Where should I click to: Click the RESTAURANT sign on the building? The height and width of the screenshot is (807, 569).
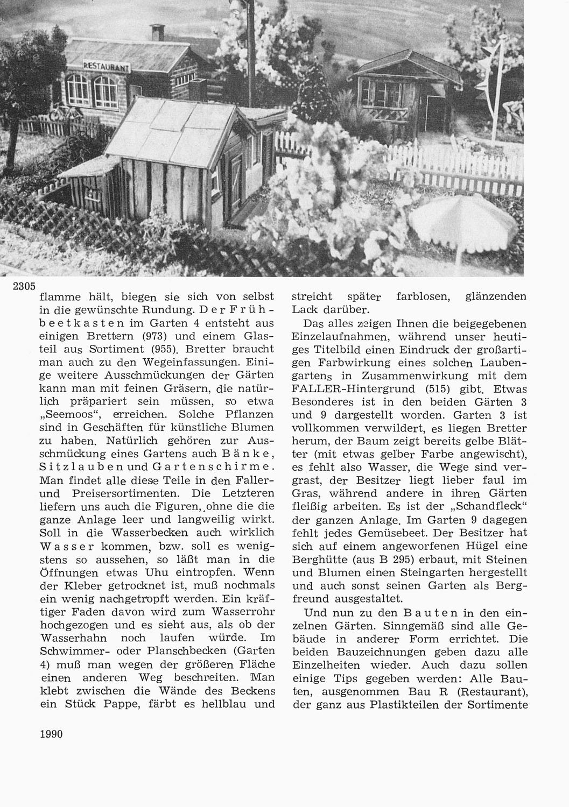107,66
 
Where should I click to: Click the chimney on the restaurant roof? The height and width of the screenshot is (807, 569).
157,32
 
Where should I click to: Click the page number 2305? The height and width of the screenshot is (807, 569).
24,286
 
